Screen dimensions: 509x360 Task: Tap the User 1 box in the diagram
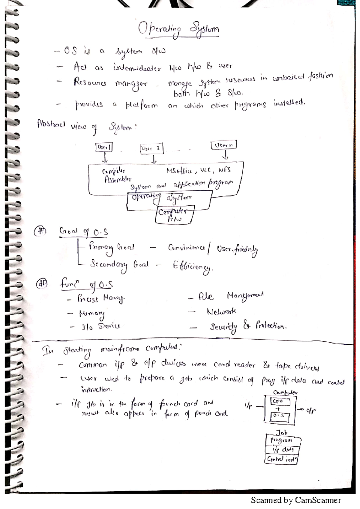click(104, 147)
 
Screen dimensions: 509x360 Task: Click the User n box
click(224, 145)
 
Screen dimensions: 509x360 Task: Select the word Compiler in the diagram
click(113, 171)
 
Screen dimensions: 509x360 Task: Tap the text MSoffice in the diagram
click(179, 171)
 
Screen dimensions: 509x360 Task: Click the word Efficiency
click(192, 266)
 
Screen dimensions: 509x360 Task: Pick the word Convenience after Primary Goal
click(187, 248)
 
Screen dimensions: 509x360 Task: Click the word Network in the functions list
click(221, 312)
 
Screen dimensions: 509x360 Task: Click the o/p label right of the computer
click(310, 411)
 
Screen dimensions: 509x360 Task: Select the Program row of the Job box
click(282, 441)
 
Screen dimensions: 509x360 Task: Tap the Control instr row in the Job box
click(281, 459)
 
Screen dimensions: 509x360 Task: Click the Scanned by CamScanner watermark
click(296, 500)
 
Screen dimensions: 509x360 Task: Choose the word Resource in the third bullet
click(90, 82)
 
